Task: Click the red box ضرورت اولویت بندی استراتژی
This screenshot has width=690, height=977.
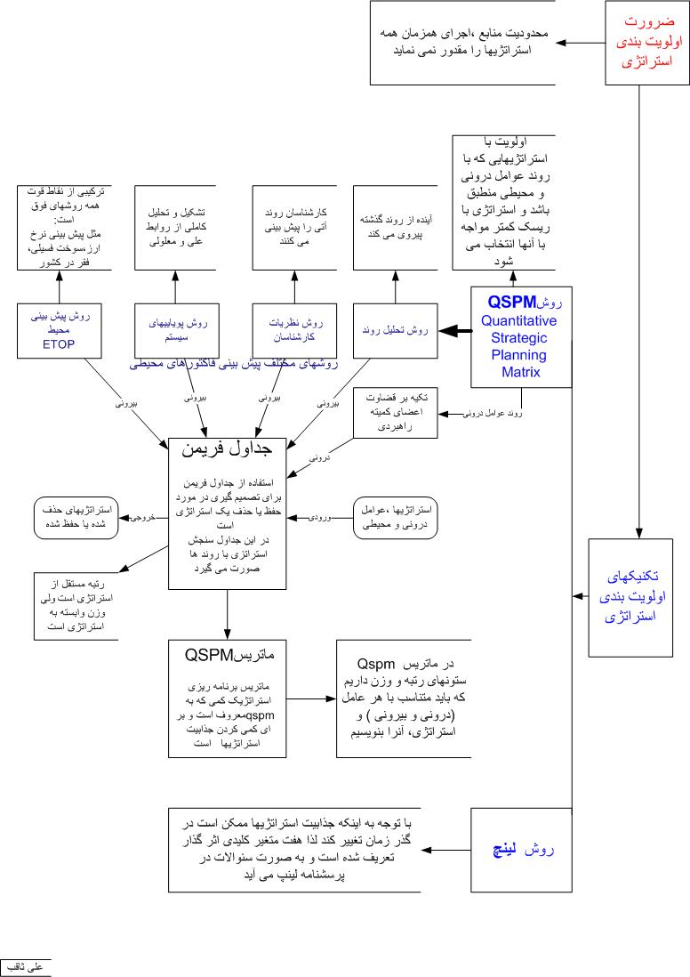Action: click(x=646, y=43)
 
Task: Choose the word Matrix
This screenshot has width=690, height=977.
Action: click(x=520, y=372)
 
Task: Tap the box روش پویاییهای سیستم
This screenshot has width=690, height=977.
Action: click(x=175, y=330)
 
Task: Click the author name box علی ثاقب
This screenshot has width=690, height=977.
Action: click(x=28, y=967)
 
